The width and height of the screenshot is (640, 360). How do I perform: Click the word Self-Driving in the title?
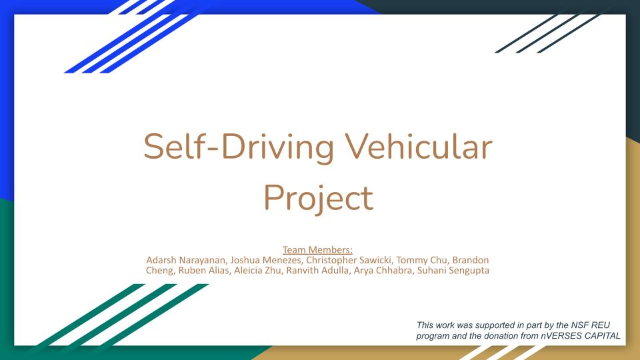(239, 147)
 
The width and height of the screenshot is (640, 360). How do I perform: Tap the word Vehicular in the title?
(419, 146)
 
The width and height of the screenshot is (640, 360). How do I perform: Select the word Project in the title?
(319, 198)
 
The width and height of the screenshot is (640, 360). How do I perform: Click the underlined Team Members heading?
(317, 250)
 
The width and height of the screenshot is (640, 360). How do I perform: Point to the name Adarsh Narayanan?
(186, 260)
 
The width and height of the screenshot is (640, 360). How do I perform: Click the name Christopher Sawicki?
(349, 260)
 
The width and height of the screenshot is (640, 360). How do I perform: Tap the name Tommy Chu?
(422, 260)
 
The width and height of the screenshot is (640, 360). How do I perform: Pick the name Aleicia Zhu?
(257, 270)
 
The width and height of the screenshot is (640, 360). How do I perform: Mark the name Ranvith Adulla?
(317, 270)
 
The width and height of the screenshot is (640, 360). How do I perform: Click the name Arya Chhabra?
(383, 270)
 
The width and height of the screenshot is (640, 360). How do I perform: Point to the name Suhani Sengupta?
(453, 270)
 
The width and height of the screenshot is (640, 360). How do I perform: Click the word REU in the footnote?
(601, 325)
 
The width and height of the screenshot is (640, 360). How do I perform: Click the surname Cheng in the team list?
(159, 270)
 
